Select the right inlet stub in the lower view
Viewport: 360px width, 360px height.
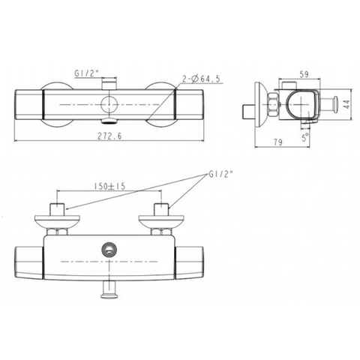(x=160, y=210)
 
